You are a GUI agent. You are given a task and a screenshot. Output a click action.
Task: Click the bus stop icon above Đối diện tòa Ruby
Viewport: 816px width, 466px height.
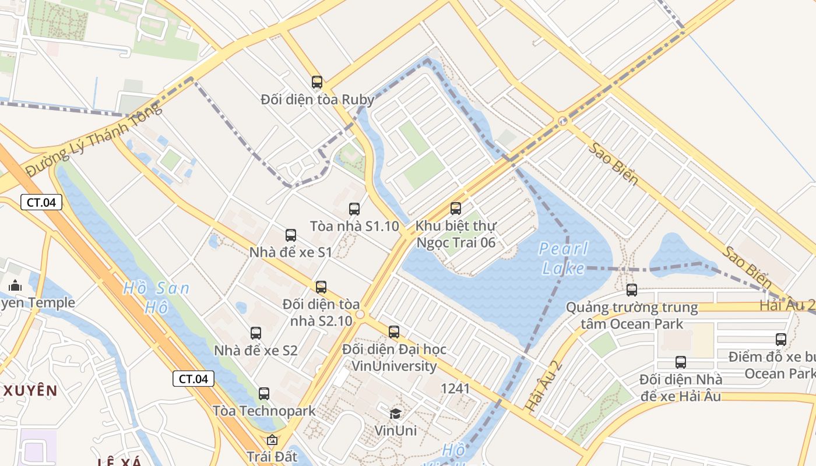point(316,82)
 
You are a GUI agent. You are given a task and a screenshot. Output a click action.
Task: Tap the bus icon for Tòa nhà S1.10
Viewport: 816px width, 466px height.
point(354,209)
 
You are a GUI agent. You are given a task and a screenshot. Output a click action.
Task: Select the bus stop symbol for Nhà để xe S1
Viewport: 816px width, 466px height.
point(291,235)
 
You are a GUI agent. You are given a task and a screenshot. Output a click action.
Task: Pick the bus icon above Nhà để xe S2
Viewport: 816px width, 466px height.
point(256,333)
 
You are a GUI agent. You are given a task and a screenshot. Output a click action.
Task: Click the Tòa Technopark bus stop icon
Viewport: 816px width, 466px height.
point(264,394)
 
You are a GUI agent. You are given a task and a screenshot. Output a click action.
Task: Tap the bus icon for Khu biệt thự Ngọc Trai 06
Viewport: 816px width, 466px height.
point(456,208)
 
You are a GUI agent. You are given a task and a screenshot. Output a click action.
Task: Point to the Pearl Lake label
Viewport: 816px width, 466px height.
point(562,258)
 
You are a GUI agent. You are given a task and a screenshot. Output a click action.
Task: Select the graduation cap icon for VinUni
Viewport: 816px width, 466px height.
point(396,414)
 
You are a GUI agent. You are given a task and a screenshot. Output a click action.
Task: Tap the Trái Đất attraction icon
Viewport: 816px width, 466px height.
point(272,440)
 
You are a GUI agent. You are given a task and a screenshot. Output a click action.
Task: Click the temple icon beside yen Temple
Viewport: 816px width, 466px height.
point(15,285)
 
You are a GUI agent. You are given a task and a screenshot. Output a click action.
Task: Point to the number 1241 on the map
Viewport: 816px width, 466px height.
point(455,389)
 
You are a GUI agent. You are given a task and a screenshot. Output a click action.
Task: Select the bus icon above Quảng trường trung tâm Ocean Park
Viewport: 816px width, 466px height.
point(632,290)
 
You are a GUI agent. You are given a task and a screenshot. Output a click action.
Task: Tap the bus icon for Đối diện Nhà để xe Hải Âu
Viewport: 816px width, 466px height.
point(681,362)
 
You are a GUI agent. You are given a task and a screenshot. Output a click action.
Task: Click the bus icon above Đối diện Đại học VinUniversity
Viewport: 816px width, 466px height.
point(394,332)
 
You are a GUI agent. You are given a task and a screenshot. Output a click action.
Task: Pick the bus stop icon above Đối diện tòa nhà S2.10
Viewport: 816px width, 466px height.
point(321,287)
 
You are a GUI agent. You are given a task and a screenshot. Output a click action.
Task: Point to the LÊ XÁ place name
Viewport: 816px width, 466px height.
point(119,462)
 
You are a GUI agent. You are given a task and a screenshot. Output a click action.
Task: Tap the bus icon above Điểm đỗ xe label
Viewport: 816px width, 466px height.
point(781,340)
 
